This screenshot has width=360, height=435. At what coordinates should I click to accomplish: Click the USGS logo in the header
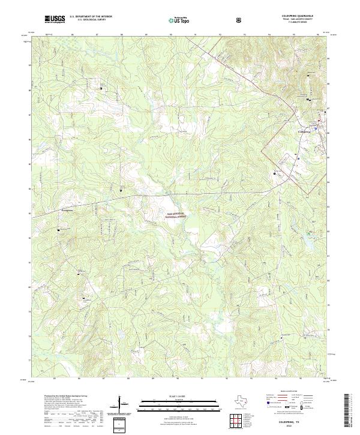tap(55, 19)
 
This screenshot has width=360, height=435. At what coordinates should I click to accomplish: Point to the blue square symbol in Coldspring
tap(316, 127)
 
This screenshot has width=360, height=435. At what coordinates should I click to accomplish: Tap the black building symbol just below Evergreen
tap(59, 229)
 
